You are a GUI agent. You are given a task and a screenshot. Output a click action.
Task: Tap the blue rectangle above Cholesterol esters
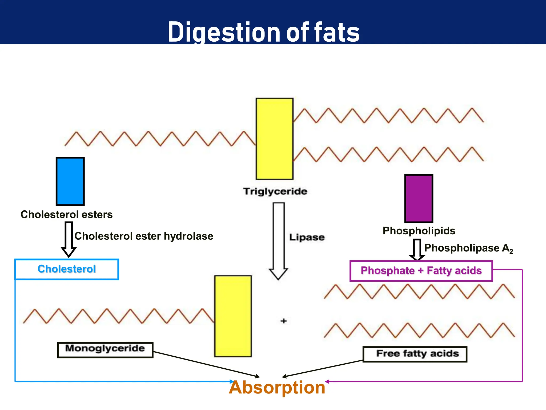click(70, 181)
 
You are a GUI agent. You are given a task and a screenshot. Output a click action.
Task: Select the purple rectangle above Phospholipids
click(419, 199)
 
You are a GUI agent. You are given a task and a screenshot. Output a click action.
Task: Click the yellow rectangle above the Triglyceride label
click(275, 139)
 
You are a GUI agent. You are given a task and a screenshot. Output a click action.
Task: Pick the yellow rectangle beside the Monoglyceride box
click(233, 316)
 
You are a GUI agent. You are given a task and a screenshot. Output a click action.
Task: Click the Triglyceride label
click(275, 191)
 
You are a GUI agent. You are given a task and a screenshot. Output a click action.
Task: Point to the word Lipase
click(307, 237)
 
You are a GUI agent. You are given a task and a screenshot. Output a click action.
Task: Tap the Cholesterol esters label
click(67, 215)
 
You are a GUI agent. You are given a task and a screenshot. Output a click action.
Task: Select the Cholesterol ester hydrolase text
click(144, 236)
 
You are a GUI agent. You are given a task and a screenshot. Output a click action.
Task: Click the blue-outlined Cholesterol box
click(67, 269)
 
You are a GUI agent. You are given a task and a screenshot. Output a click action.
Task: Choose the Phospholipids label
click(419, 231)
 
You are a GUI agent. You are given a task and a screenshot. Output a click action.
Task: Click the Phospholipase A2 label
click(468, 248)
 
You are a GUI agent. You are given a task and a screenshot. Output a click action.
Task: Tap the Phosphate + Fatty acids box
click(421, 271)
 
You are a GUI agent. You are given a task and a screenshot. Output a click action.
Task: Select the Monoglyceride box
click(105, 350)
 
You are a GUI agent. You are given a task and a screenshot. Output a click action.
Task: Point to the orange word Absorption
click(277, 388)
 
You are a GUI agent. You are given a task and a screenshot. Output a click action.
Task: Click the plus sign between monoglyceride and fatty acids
click(284, 321)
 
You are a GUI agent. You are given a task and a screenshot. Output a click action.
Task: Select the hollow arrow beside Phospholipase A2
click(417, 250)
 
